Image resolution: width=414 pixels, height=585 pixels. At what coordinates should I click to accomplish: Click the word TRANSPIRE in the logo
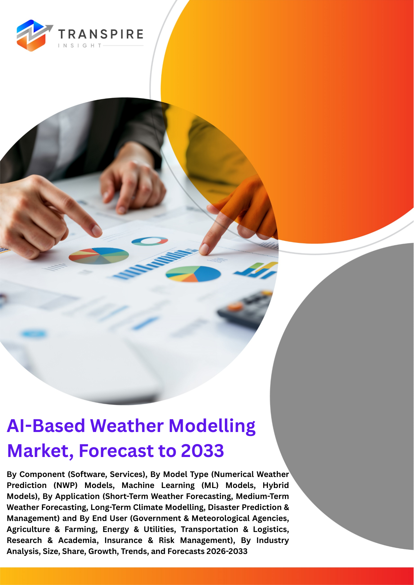click(101, 34)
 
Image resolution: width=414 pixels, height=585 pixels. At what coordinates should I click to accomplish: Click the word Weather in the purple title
click(127, 426)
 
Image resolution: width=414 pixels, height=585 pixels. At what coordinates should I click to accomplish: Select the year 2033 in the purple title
click(202, 451)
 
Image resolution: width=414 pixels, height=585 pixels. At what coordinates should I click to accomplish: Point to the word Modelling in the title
click(212, 426)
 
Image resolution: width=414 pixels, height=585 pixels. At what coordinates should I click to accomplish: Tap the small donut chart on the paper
click(149, 241)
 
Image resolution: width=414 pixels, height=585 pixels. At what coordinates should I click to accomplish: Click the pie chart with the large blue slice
click(193, 274)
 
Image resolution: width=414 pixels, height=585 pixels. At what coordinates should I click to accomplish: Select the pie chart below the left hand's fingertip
click(99, 256)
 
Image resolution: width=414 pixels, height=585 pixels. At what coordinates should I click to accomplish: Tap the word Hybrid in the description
click(276, 485)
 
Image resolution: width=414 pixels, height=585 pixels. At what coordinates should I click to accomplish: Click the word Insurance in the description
click(123, 540)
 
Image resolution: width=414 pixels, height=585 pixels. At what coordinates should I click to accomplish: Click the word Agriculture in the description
click(28, 529)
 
